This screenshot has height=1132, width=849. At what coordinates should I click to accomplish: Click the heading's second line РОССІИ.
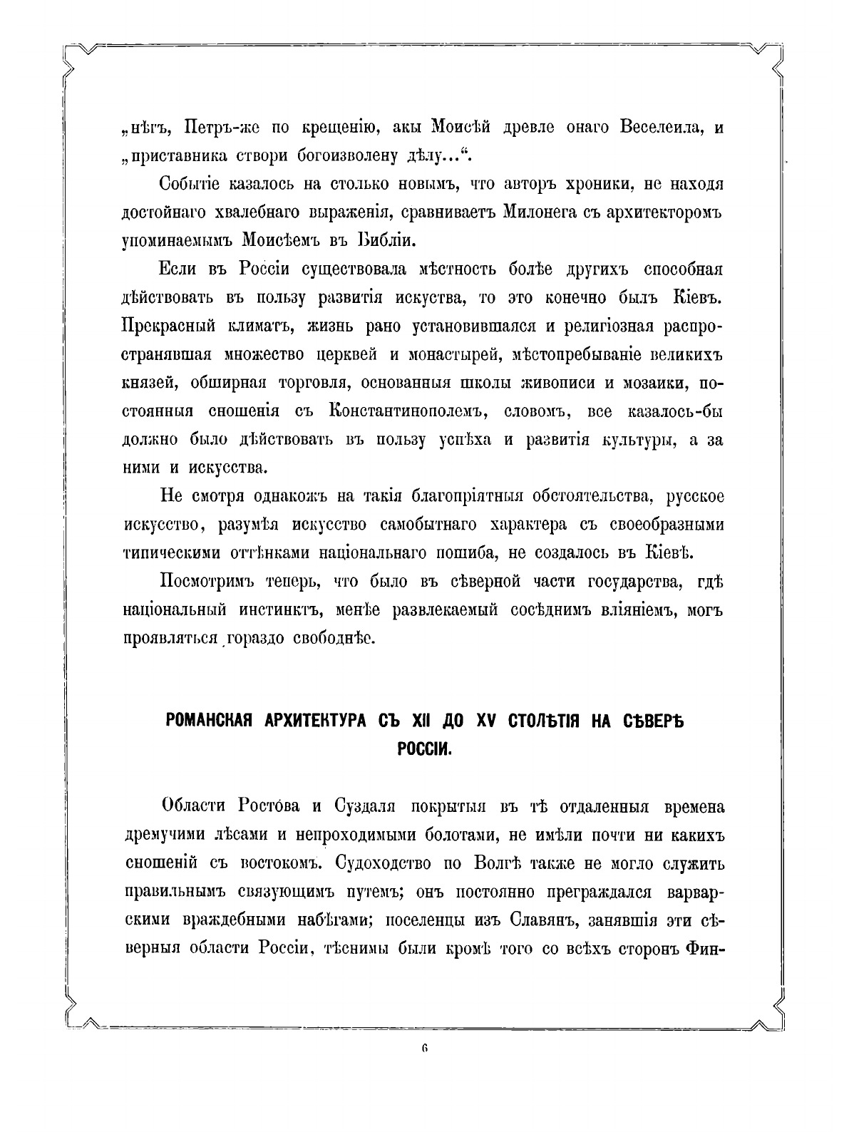(424, 749)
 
